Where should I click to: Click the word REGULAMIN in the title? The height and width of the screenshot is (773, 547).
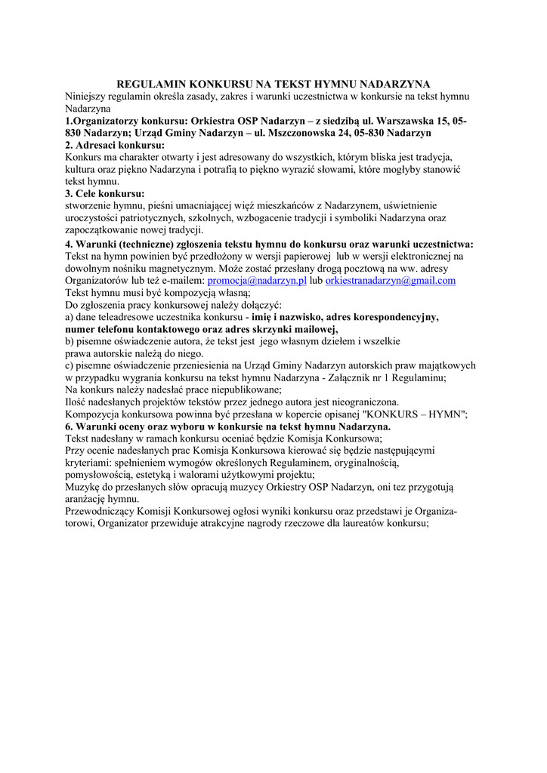point(150,84)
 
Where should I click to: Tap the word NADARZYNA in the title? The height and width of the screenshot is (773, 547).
point(394,84)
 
